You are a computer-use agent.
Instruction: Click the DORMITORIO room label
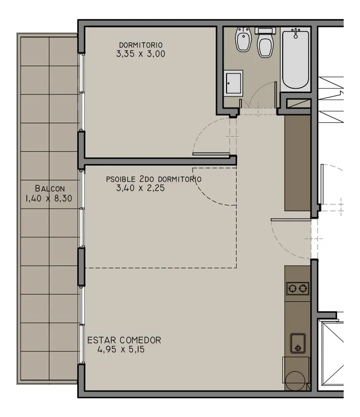coord(141,45)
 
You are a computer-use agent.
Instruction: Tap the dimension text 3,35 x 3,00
coord(141,54)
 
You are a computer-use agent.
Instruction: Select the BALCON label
coord(50,189)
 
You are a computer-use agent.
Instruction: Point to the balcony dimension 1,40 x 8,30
coord(48,198)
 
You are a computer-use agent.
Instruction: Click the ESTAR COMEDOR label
coord(124,340)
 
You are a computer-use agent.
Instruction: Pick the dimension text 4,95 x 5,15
coord(121,349)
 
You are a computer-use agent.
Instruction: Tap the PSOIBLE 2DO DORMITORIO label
coord(154,179)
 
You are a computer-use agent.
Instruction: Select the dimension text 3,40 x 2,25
coord(140,188)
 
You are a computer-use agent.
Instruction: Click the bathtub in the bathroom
coord(295,60)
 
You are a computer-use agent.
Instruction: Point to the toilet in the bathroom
coord(265,43)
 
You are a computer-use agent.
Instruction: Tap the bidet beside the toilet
coord(243,40)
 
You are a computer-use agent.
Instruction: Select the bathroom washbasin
coord(233,83)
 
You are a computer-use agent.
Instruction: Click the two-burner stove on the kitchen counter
coord(298,288)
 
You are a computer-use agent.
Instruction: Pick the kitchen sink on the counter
coord(298,343)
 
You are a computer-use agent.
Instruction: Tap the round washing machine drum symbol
coord(295,381)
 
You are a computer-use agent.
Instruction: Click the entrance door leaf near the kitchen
coord(291,220)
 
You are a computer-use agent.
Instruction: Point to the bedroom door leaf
coord(211,154)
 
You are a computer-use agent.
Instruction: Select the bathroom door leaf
coord(276,95)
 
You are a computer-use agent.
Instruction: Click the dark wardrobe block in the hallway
coord(298,163)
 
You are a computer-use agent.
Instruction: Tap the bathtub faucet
coord(296,33)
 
